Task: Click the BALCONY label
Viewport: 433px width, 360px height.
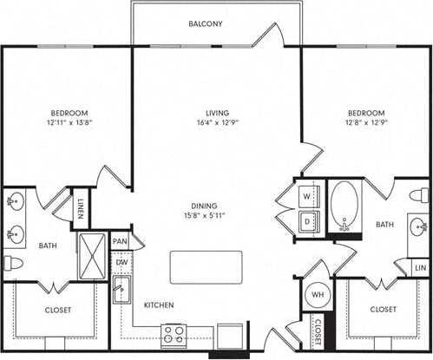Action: click(206, 23)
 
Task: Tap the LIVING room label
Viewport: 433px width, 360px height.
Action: click(205, 112)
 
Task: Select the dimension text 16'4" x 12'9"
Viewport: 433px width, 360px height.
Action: click(205, 123)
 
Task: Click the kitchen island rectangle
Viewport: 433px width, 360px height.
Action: click(205, 266)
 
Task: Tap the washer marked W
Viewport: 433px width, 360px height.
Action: click(306, 195)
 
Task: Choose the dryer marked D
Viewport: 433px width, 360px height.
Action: click(306, 221)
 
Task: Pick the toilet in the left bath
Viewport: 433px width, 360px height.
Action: click(13, 262)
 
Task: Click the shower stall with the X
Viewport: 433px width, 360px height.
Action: click(91, 254)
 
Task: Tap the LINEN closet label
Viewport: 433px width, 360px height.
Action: click(81, 208)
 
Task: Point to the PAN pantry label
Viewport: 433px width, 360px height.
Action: click(120, 241)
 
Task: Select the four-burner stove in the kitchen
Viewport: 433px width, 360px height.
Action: click(173, 334)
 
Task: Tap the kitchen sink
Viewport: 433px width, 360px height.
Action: click(121, 291)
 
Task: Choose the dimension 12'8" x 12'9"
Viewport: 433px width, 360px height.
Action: click(366, 123)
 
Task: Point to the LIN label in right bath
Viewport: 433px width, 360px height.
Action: click(420, 269)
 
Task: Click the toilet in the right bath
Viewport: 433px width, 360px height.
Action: click(420, 194)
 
